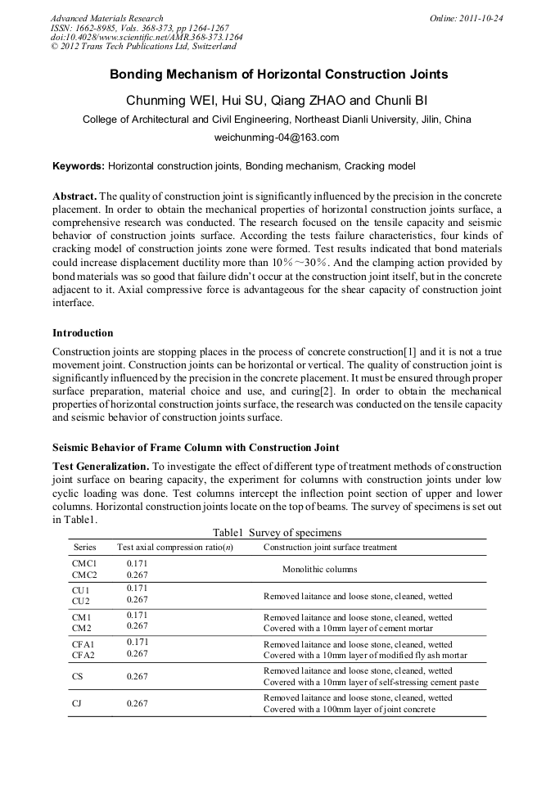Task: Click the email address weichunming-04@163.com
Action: pyautogui.click(x=277, y=138)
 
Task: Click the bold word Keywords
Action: pyautogui.click(x=78, y=166)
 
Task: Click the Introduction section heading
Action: pyautogui.click(x=83, y=333)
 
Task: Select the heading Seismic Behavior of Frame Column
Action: pyautogui.click(x=196, y=447)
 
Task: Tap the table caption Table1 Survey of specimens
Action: pyautogui.click(x=277, y=532)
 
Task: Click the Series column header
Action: pyautogui.click(x=84, y=547)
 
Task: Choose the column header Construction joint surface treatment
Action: pyautogui.click(x=330, y=547)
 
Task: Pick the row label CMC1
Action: pyautogui.click(x=84, y=564)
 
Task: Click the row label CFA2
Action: pyautogui.click(x=84, y=654)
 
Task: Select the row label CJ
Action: pyautogui.click(x=78, y=703)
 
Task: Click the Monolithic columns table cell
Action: pyautogui.click(x=319, y=569)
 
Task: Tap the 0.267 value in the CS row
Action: pyautogui.click(x=138, y=677)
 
